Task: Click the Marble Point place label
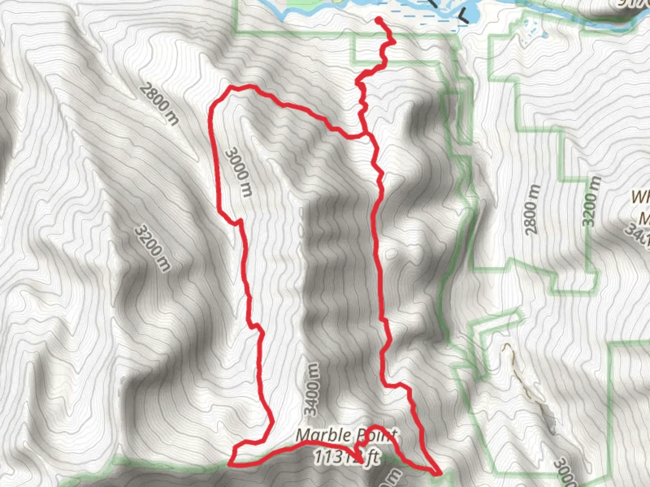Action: coord(346,436)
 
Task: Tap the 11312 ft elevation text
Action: coord(346,457)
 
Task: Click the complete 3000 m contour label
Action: coord(238,172)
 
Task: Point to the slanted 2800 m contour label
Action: coord(159,103)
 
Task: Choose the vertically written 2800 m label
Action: coord(533,209)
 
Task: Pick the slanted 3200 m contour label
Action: coord(153,248)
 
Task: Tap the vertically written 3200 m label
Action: coord(592,201)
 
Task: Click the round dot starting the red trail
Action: coord(378,19)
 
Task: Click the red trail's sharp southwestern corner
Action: coord(232,463)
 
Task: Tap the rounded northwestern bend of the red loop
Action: coord(221,97)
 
